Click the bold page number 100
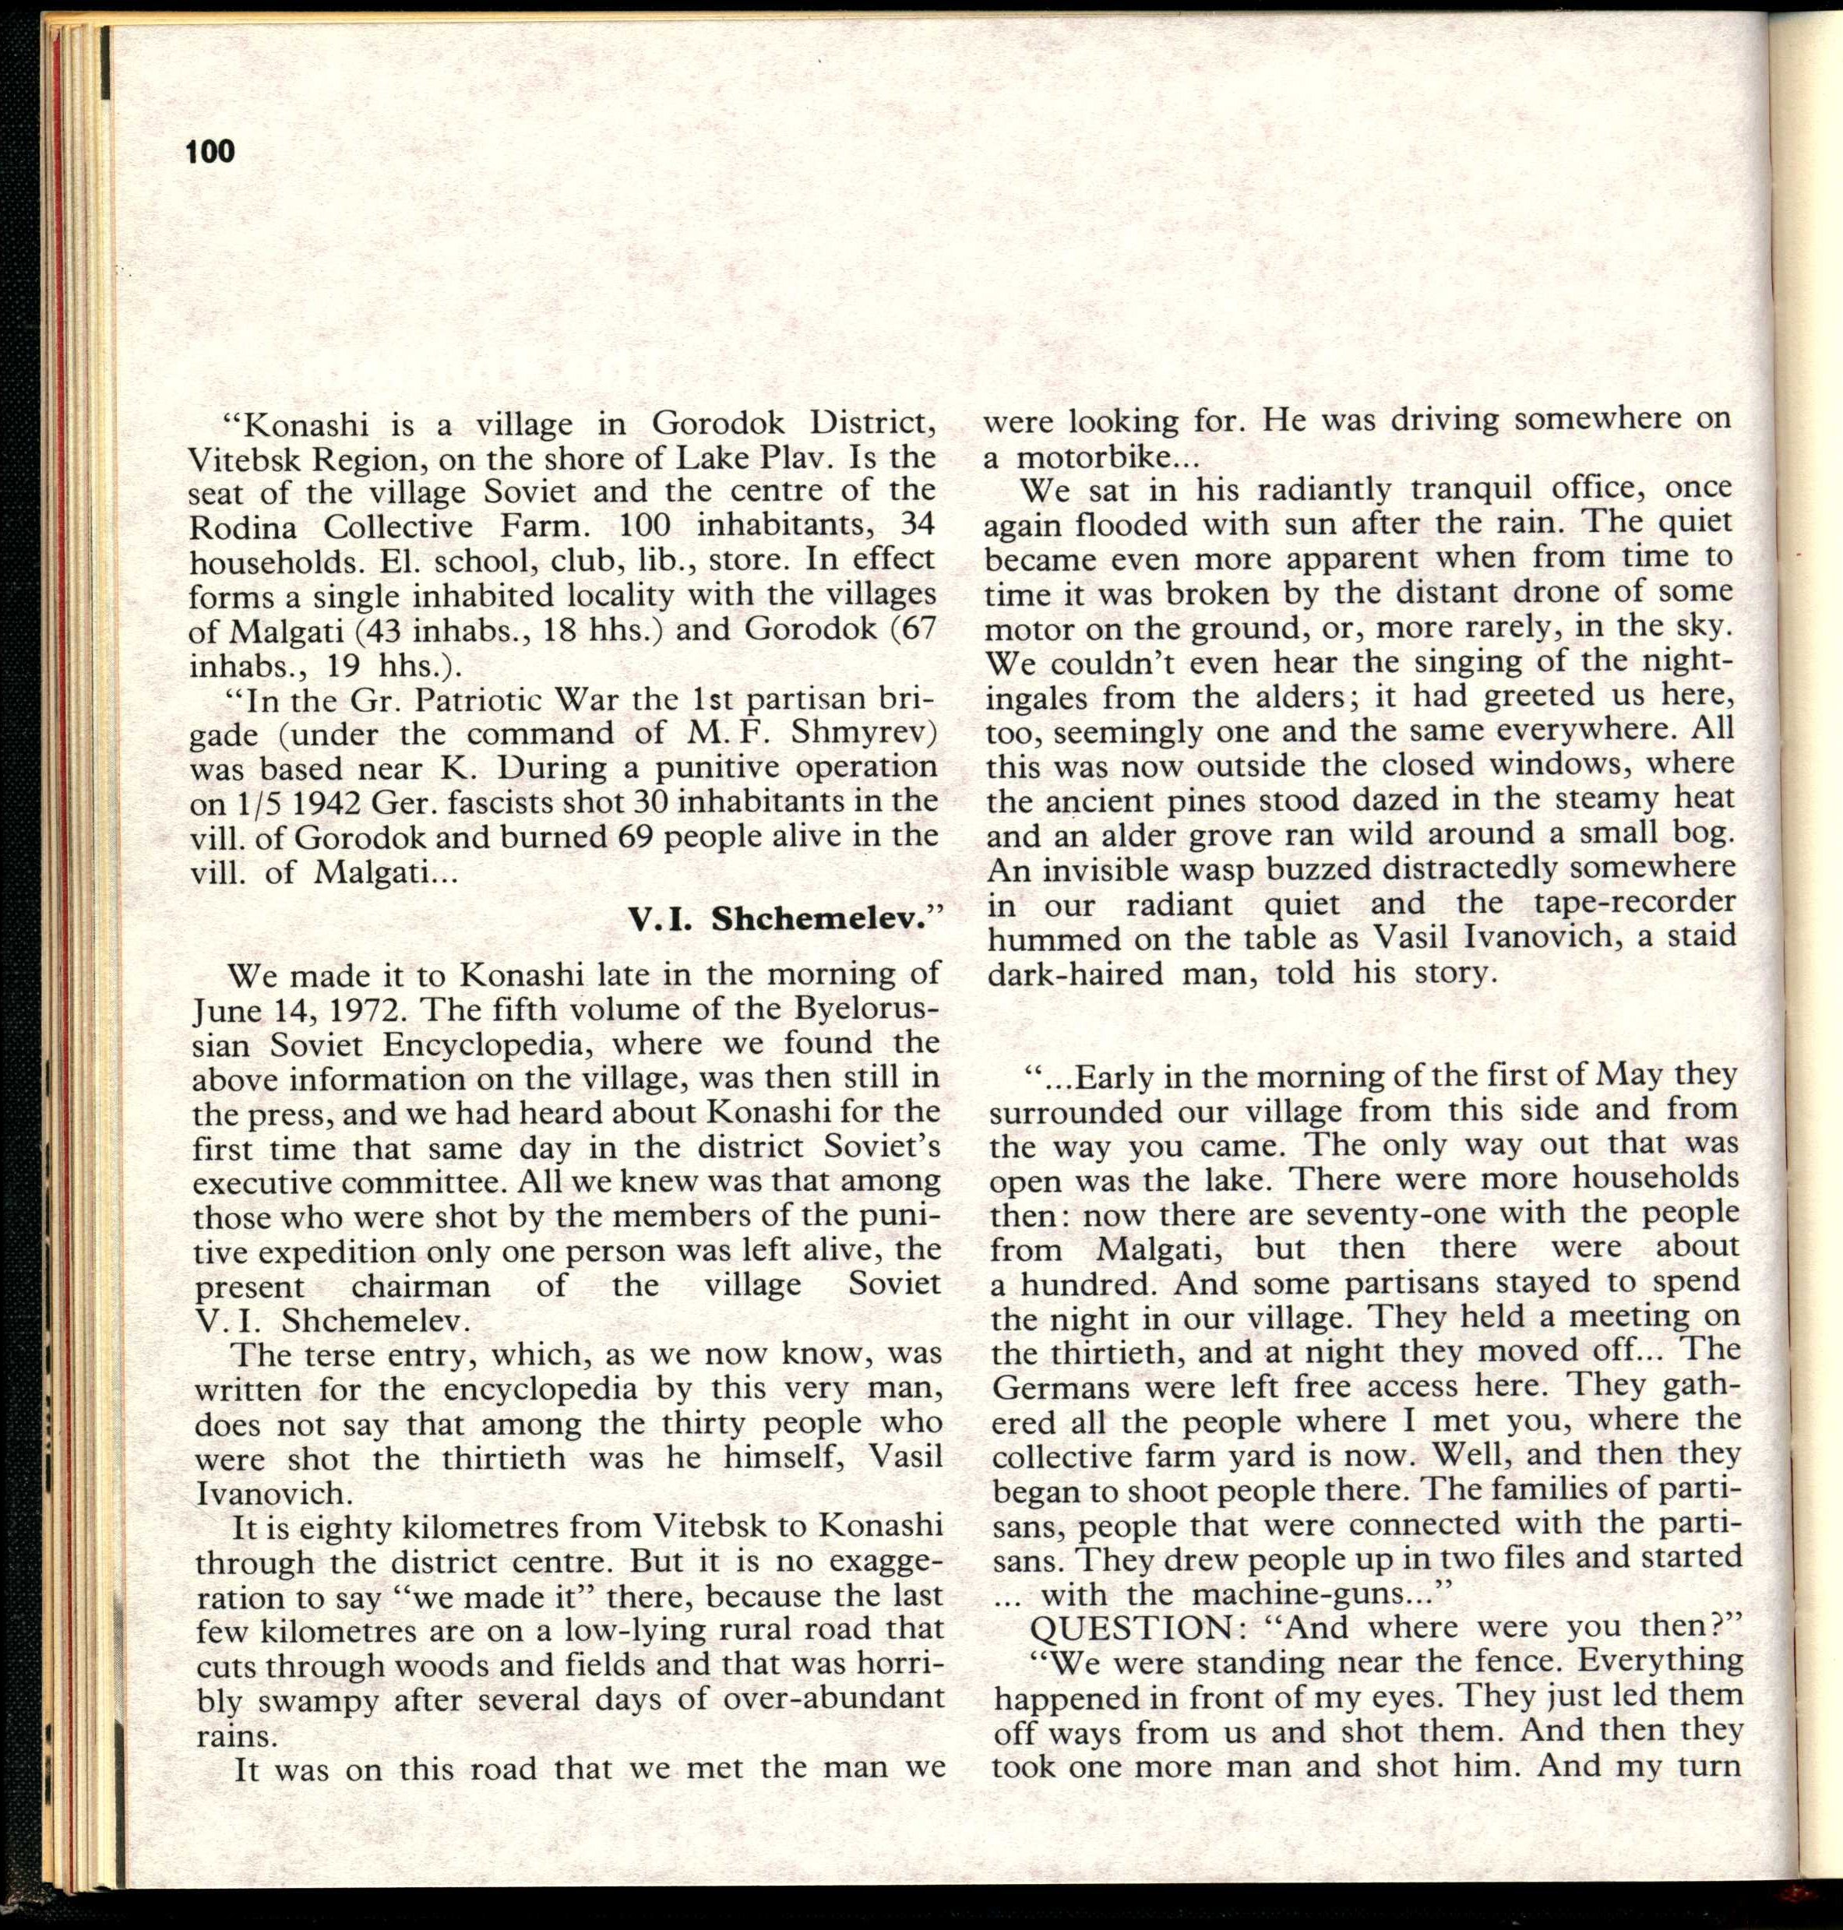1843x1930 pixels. pyautogui.click(x=210, y=152)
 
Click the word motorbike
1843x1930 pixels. pyautogui.click(x=1091, y=459)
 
